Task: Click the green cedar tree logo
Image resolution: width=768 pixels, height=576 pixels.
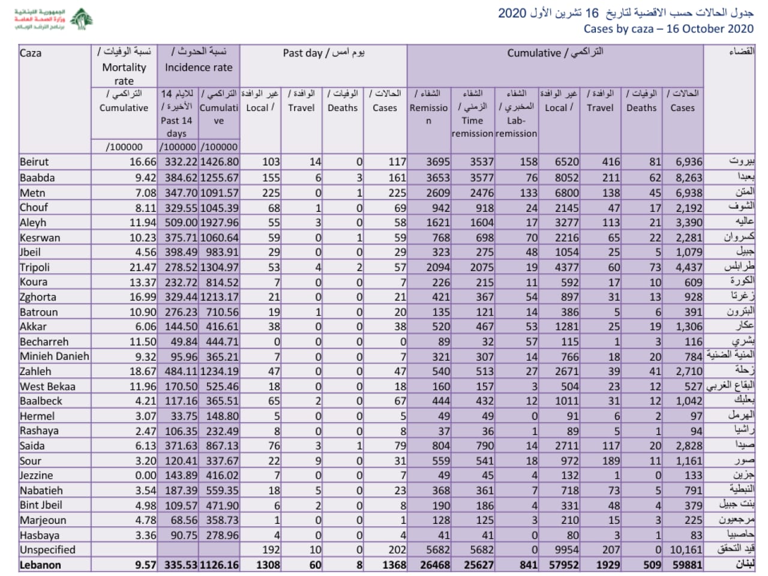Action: [x=82, y=19]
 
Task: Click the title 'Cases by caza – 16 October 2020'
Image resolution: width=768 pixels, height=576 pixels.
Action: [x=668, y=28]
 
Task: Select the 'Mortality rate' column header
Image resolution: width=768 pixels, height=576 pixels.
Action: [x=124, y=67]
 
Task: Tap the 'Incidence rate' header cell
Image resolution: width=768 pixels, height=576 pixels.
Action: [x=198, y=67]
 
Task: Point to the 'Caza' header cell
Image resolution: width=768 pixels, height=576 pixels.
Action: [x=31, y=53]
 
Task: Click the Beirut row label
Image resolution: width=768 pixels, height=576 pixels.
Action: [x=34, y=162]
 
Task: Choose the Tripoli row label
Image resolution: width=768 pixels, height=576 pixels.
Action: [x=35, y=267]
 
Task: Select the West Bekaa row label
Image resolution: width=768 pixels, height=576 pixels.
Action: [x=47, y=386]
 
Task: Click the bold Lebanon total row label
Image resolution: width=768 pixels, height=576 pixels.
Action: [x=40, y=565]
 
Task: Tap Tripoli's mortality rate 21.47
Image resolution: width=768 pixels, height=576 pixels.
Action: [x=143, y=267]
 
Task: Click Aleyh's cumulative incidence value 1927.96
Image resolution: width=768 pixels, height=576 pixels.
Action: [x=219, y=223]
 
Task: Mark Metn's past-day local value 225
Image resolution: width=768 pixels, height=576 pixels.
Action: [x=271, y=193]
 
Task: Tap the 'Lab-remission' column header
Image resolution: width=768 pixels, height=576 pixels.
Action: [x=516, y=127]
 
